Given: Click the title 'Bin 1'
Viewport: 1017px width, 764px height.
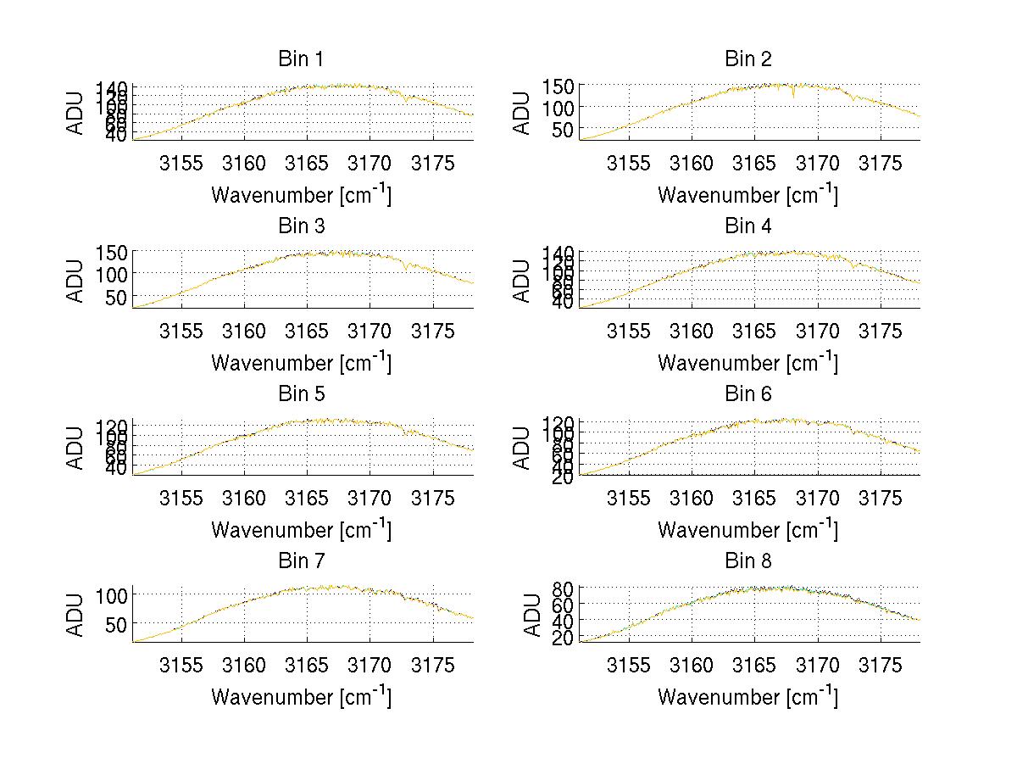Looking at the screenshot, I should point(301,59).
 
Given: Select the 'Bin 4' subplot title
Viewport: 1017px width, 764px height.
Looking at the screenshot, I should point(748,226).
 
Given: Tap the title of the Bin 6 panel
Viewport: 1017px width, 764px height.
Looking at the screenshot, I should point(748,393).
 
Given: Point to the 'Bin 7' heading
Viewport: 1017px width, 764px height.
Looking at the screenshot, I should point(301,560).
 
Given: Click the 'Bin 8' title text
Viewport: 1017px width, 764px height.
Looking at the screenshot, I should point(748,560).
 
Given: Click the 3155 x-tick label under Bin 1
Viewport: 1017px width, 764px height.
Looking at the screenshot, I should point(182,164).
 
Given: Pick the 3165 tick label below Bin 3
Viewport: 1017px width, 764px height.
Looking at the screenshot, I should point(308,331).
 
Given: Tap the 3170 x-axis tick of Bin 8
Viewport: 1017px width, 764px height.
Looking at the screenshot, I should point(818,665).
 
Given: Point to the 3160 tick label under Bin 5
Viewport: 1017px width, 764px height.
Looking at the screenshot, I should point(245,498).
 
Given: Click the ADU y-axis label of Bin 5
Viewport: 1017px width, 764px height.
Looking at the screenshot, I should point(76,447).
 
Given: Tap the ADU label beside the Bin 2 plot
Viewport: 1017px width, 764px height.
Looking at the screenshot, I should point(523,112).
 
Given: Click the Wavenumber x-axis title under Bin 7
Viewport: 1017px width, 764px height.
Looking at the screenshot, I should point(301,697).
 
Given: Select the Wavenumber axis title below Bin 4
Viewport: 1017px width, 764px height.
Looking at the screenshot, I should point(748,362).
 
